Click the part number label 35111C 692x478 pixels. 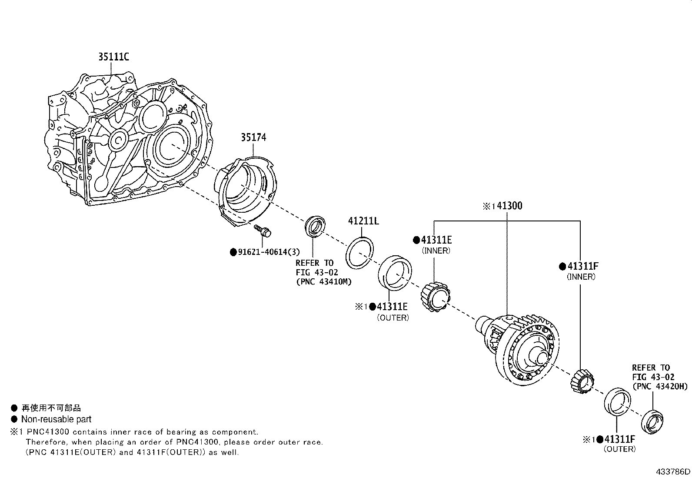click(x=114, y=57)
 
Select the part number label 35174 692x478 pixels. click(x=253, y=137)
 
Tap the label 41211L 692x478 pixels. click(x=363, y=221)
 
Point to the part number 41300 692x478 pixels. click(x=509, y=206)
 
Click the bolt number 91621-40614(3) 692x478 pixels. click(x=269, y=252)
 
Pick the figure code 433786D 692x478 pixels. click(x=673, y=471)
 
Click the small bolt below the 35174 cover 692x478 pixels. click(x=263, y=231)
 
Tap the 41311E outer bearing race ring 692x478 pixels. click(x=395, y=273)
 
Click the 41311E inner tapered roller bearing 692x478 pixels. click(x=436, y=297)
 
